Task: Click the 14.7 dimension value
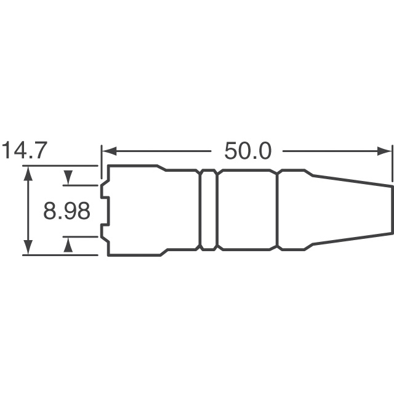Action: click(x=25, y=151)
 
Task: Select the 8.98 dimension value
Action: click(x=66, y=211)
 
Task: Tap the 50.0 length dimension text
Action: click(x=247, y=151)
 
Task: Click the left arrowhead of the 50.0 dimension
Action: click(x=110, y=151)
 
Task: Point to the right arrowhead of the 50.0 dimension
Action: click(x=384, y=151)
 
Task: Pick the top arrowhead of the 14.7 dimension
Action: click(x=28, y=174)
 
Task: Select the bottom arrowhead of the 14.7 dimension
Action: click(x=28, y=247)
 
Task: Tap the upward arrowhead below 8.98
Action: click(x=68, y=244)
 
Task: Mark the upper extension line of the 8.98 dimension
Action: click(x=80, y=185)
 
